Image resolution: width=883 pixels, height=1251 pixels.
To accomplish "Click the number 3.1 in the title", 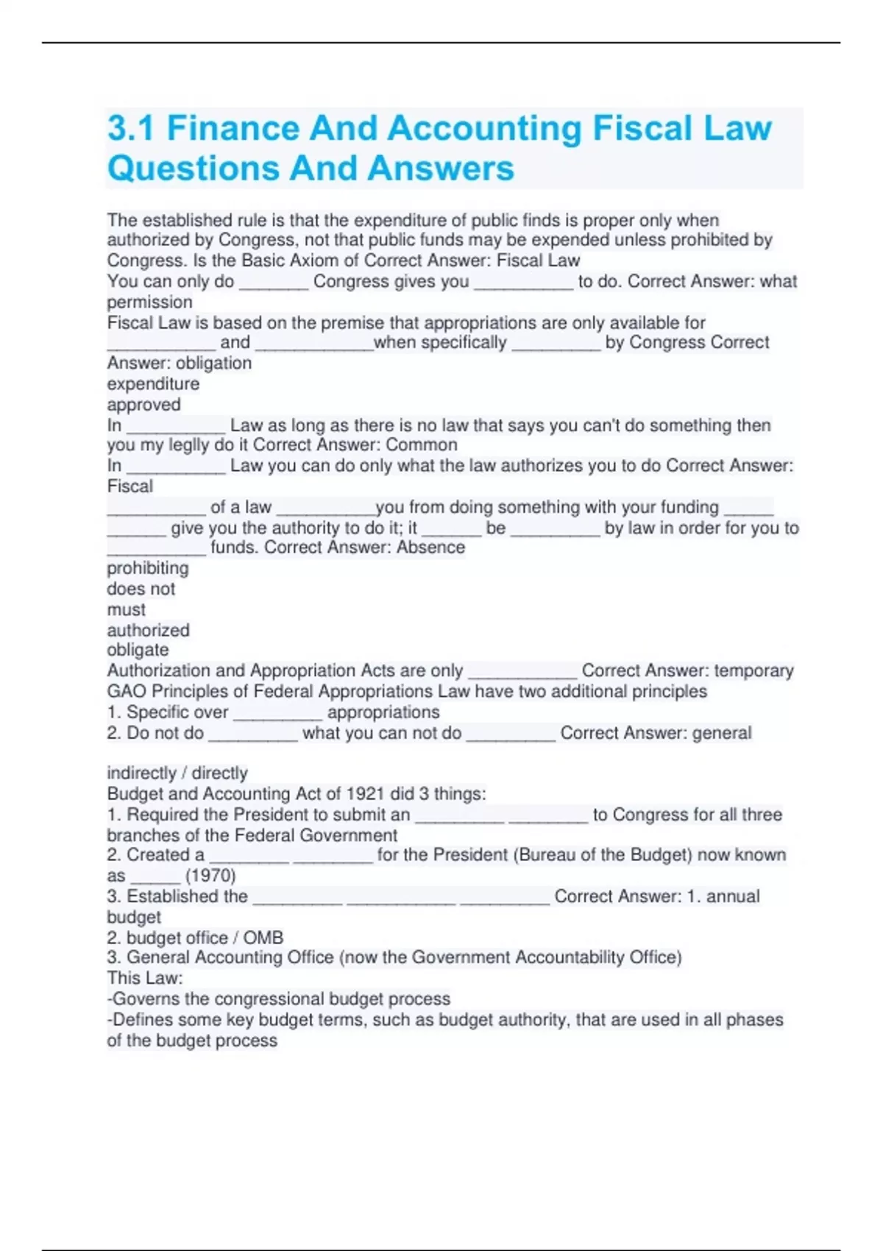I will (131, 128).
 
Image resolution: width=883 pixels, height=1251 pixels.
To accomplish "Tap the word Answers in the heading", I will (441, 168).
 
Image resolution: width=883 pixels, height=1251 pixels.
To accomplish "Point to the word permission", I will (149, 302).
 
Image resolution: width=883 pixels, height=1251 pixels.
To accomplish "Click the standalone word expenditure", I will (153, 383).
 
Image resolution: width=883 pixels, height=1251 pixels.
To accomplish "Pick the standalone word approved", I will (143, 404).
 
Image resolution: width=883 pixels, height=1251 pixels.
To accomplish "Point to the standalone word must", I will (126, 609).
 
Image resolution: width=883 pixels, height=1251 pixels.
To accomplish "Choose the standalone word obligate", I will (138, 650).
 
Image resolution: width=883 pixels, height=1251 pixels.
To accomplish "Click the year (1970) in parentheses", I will (210, 875).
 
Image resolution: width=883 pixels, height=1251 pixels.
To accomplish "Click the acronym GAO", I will (127, 691).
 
